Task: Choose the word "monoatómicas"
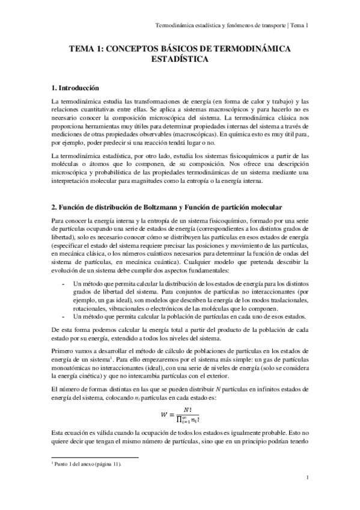tap(73, 367)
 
